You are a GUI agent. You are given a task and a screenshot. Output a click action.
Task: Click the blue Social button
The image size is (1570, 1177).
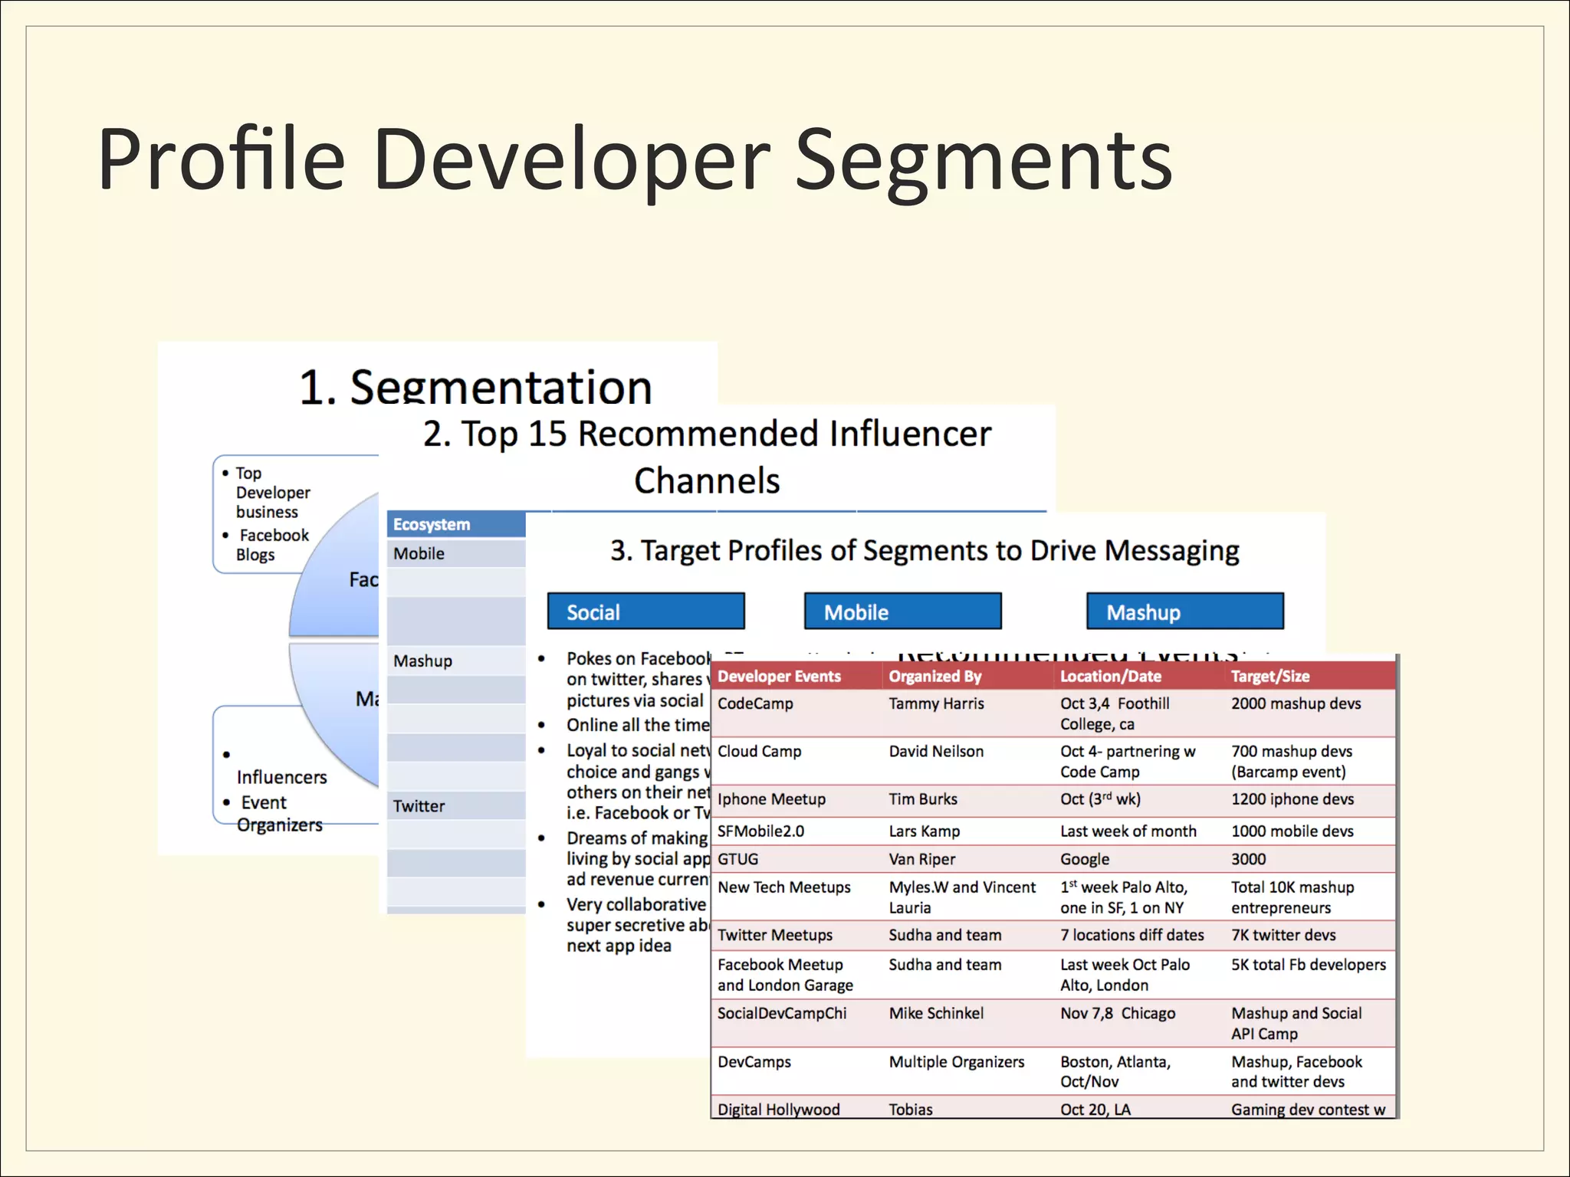[x=645, y=611]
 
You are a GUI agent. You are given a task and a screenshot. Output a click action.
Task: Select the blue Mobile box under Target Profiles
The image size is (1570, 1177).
[x=902, y=611]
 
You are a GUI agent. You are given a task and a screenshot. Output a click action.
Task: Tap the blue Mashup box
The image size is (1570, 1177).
[x=1184, y=611]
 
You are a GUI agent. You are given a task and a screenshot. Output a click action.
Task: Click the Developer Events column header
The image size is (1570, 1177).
[x=779, y=677]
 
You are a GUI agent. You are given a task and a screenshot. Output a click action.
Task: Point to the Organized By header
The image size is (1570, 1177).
[x=934, y=677]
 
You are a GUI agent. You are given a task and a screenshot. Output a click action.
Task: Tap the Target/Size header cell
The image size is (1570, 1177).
[x=1270, y=677]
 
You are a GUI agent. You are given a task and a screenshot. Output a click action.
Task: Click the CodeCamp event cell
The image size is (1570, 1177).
[x=755, y=703]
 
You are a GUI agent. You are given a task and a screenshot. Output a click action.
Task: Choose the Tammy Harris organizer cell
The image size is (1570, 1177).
[x=936, y=703]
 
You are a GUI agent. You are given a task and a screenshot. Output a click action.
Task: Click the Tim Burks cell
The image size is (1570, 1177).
[x=923, y=799]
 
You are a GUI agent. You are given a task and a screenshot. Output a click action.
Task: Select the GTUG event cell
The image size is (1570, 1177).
[x=737, y=859]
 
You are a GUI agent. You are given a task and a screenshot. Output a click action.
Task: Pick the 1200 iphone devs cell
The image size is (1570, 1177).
[x=1292, y=799]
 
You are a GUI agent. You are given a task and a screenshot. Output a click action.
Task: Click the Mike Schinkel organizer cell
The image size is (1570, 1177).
[x=936, y=1013]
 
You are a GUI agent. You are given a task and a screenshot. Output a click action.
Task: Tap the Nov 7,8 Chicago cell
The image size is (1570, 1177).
[x=1118, y=1013]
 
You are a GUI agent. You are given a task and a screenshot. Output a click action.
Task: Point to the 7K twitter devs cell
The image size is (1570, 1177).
[x=1283, y=935]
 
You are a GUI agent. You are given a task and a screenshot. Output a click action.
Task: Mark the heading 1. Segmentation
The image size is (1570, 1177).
[x=475, y=387]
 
